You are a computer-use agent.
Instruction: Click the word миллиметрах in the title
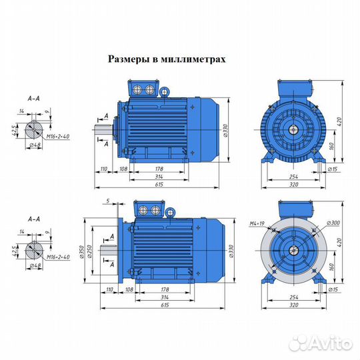[193, 59]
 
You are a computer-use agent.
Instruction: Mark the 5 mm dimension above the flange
[106, 201]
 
